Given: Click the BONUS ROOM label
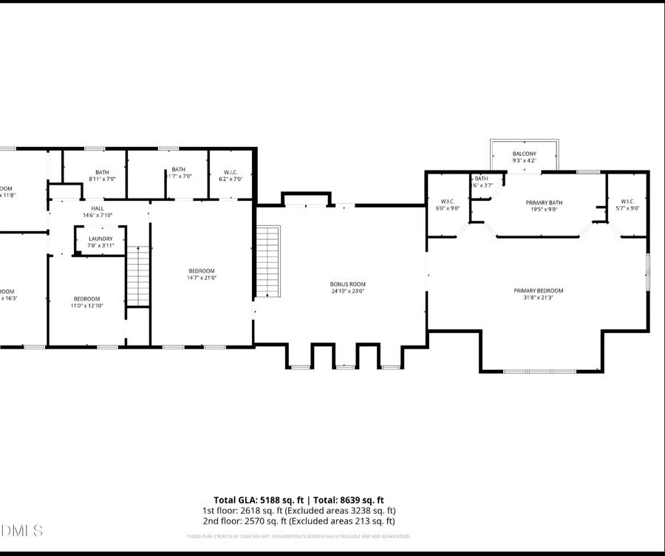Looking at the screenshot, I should pyautogui.click(x=347, y=284).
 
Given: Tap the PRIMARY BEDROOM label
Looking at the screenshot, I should pyautogui.click(x=538, y=291).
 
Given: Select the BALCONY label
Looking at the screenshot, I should pyautogui.click(x=524, y=154).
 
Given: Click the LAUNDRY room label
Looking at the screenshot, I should pyautogui.click(x=100, y=238).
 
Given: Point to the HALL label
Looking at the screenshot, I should pyautogui.click(x=98, y=208).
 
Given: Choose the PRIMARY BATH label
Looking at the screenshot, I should pyautogui.click(x=544, y=202).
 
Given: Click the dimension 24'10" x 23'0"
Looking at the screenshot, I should pyautogui.click(x=347, y=291).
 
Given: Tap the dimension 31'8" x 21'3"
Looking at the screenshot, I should pyautogui.click(x=538, y=298).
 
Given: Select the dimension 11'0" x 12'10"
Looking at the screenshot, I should pyautogui.click(x=86, y=305).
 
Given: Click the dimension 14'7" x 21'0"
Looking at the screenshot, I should pyautogui.click(x=201, y=278).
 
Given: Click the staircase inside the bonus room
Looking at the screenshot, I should pyautogui.click(x=268, y=262).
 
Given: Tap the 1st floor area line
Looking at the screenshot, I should pyautogui.click(x=299, y=510).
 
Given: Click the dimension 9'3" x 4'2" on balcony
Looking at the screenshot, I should pyautogui.click(x=524, y=160).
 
